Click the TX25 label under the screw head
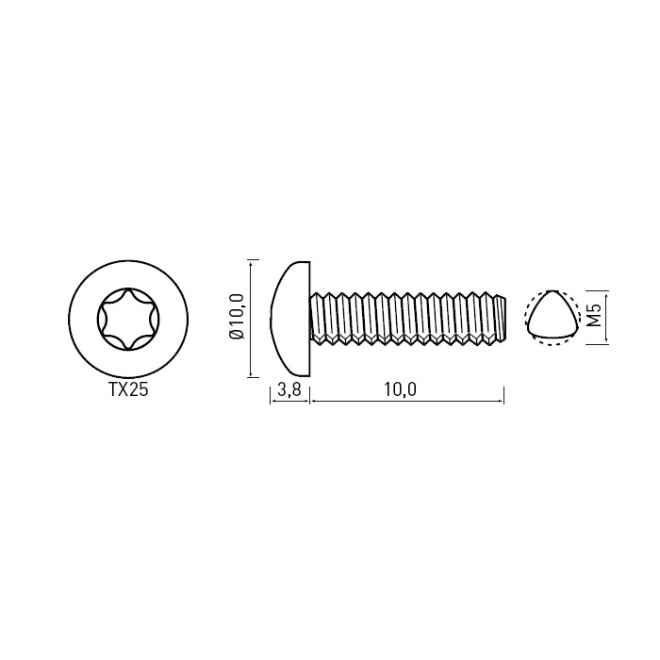pos(129,389)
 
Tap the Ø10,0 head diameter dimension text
pos(237,316)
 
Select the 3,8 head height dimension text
pos(289,389)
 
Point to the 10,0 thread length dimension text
pos(400,389)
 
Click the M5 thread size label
pos(594,315)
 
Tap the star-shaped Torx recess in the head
pos(128,319)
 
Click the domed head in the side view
pos(290,319)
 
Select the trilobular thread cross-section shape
pos(550,314)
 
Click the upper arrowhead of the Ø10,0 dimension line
pos(252,264)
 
